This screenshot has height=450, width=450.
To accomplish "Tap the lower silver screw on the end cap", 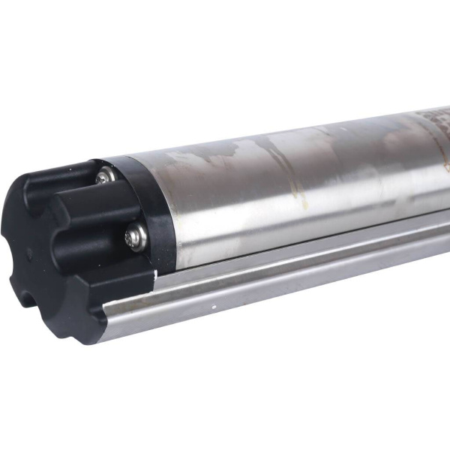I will point(134,236).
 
